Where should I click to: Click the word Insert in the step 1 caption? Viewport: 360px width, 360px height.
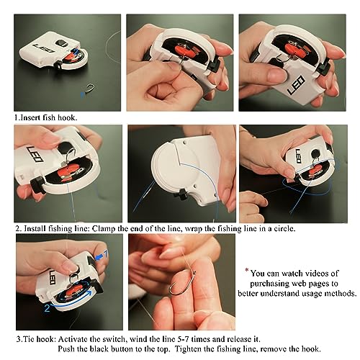(30, 117)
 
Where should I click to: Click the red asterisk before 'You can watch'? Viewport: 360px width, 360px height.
(246, 271)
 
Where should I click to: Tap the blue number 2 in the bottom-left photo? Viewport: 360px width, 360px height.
(47, 308)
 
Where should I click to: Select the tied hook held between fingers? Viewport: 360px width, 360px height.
(182, 283)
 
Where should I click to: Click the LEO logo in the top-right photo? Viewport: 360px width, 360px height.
(296, 85)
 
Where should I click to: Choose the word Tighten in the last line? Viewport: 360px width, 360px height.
(188, 349)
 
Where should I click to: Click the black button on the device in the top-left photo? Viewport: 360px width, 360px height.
(60, 43)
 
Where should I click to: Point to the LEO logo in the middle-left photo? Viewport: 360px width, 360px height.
(35, 154)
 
